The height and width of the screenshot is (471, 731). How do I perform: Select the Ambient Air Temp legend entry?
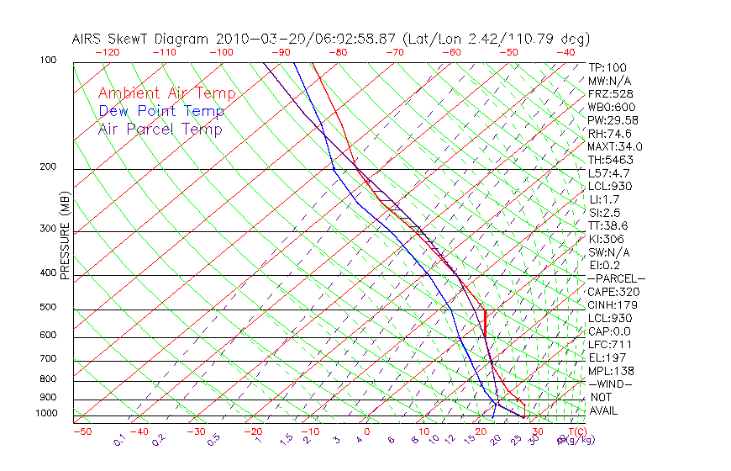click(166, 93)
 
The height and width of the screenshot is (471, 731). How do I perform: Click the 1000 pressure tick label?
click(47, 414)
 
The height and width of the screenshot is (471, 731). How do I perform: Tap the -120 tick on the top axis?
click(106, 52)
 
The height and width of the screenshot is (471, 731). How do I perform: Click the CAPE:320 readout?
click(609, 292)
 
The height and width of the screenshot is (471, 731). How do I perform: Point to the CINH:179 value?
click(609, 304)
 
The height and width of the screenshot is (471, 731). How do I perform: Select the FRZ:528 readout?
click(607, 93)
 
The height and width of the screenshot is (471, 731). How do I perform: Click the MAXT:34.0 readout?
click(610, 146)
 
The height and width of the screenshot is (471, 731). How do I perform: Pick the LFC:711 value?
click(607, 344)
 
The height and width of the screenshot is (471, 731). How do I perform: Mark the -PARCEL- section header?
click(616, 278)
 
